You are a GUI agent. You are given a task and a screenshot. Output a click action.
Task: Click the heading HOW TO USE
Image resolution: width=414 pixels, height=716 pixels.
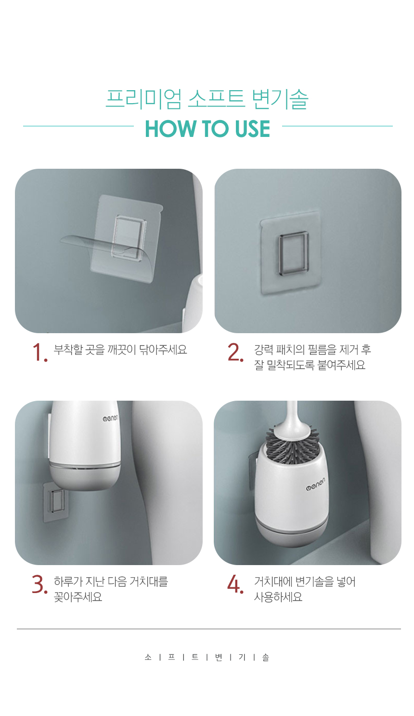pos(207,129)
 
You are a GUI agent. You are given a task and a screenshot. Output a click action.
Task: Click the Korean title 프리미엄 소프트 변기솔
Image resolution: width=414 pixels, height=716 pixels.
pos(207,99)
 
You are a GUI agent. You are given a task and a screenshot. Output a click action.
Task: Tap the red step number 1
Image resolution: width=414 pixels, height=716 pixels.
pos(39,352)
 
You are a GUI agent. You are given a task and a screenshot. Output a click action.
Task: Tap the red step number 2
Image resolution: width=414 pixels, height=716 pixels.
pos(235,352)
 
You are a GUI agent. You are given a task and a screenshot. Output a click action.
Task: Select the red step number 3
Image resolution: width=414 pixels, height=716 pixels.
pos(39,584)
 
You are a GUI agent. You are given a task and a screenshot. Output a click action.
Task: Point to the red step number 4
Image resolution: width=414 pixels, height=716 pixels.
pos(235,584)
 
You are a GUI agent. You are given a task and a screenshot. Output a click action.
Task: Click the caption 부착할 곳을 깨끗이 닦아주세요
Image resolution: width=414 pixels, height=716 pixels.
pos(120,350)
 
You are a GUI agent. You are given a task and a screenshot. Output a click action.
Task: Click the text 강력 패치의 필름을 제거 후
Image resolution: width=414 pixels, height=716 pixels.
pos(312,350)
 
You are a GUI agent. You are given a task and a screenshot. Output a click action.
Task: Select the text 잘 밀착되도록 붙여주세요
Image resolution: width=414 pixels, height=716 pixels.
pos(310,365)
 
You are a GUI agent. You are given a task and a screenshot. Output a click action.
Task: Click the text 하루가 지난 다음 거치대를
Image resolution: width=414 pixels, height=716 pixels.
pos(111,581)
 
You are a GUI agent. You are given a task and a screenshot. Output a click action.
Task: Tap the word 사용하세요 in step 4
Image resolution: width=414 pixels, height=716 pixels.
pos(278,596)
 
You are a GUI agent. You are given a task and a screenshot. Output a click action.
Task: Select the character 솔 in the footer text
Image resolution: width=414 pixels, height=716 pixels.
pos(266,658)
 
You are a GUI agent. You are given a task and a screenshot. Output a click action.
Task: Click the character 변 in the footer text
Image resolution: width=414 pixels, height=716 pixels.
pos(219,658)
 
